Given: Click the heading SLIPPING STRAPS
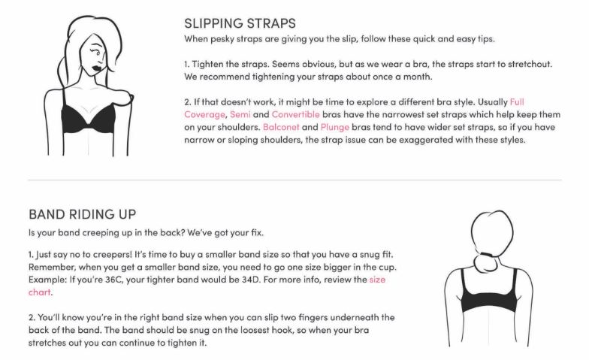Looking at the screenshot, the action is point(240,23).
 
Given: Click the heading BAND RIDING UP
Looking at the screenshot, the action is point(83,214).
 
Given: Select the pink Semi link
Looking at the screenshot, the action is point(240,114).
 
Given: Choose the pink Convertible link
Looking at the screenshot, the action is point(296,114).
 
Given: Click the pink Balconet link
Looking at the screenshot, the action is point(281,127).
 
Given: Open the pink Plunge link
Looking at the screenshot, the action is point(335,128).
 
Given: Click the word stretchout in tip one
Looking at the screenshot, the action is point(530,64).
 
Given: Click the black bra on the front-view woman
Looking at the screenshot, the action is point(88,119).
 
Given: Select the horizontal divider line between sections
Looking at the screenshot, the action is point(294,180).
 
